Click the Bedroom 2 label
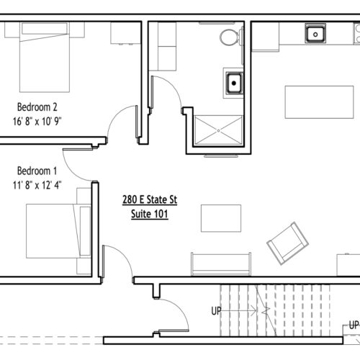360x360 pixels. (37, 107)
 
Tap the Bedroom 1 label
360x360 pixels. (37, 171)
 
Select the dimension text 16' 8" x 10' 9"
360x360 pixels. (37, 121)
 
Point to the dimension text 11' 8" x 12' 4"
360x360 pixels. (37, 185)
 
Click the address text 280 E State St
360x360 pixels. (150, 199)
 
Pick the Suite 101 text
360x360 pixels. (149, 214)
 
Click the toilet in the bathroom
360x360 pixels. (231, 37)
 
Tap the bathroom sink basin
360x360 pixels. (234, 83)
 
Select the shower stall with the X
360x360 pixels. (218, 131)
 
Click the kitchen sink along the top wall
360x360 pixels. (315, 33)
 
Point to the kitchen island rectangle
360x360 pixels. (319, 102)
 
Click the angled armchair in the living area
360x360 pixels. (287, 243)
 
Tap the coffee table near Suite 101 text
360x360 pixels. (221, 218)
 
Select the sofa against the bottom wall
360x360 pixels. (221, 264)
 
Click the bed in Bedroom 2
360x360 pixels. (45, 57)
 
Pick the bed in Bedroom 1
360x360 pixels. (58, 231)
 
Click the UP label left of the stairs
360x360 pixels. (216, 311)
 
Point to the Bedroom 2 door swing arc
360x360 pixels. (114, 114)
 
